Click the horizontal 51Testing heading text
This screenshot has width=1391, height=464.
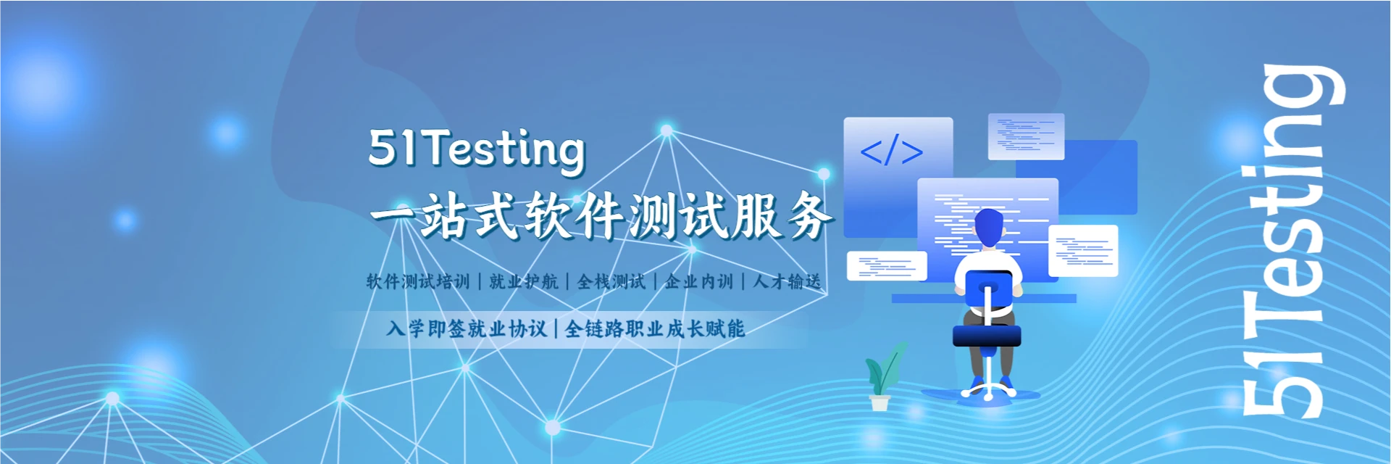point(476,149)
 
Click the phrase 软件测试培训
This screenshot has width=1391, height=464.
point(418,281)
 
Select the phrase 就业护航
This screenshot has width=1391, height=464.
point(523,281)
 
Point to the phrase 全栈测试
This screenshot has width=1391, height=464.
point(611,281)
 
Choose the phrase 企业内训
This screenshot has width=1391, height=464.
point(699,281)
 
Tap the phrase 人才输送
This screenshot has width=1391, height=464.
point(787,281)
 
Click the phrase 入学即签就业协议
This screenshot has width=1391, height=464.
point(467,329)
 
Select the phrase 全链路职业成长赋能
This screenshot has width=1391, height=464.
point(654,329)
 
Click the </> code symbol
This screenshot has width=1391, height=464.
point(891,151)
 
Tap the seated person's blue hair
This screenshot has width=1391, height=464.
point(989,226)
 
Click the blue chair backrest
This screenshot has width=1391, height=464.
point(988,290)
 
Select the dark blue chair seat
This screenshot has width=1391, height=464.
point(986,336)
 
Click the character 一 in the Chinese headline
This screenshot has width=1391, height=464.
point(392,216)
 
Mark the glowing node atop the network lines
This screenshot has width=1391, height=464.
point(667,130)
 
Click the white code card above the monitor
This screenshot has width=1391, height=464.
point(1026,136)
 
